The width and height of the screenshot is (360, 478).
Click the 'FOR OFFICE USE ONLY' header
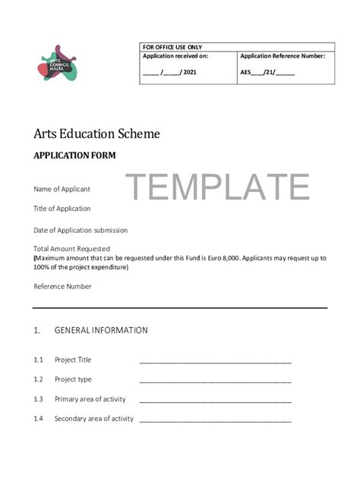point(172,47)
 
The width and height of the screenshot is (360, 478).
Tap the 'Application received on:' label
point(175,56)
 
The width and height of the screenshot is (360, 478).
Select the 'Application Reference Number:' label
point(283,56)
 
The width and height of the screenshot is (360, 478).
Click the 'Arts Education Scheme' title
point(96,134)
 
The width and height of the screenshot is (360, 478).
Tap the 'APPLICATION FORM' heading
point(74,156)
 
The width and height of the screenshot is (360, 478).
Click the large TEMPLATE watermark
point(217,187)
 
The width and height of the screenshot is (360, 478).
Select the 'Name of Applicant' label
point(62,189)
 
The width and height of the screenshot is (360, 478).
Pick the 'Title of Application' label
point(62,209)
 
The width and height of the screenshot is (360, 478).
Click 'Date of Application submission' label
point(81,230)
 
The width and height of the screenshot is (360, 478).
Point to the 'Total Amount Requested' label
point(71,249)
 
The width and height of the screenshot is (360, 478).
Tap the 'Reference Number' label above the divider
point(62,287)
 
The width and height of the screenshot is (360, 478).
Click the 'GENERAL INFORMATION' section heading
point(101,331)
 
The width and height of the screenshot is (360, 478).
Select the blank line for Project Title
point(215,361)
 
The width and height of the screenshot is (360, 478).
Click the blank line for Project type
point(215,381)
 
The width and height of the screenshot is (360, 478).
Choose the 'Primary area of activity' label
point(90,399)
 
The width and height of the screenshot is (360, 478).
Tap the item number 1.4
point(39,419)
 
